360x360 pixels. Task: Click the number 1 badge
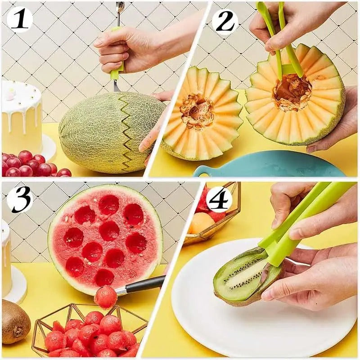18,20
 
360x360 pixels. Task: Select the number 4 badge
219,199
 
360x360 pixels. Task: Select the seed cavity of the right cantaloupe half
292,93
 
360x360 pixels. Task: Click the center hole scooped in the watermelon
108,231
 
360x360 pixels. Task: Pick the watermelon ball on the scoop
105,297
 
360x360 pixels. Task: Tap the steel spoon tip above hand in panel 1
120,7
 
